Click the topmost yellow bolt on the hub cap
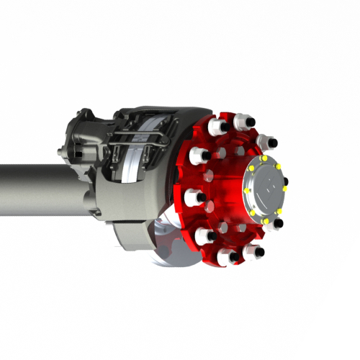pos(265,158)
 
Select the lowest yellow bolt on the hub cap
pos(265,221)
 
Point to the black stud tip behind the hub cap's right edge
pos(286,181)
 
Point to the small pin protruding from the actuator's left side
pos(60,150)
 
